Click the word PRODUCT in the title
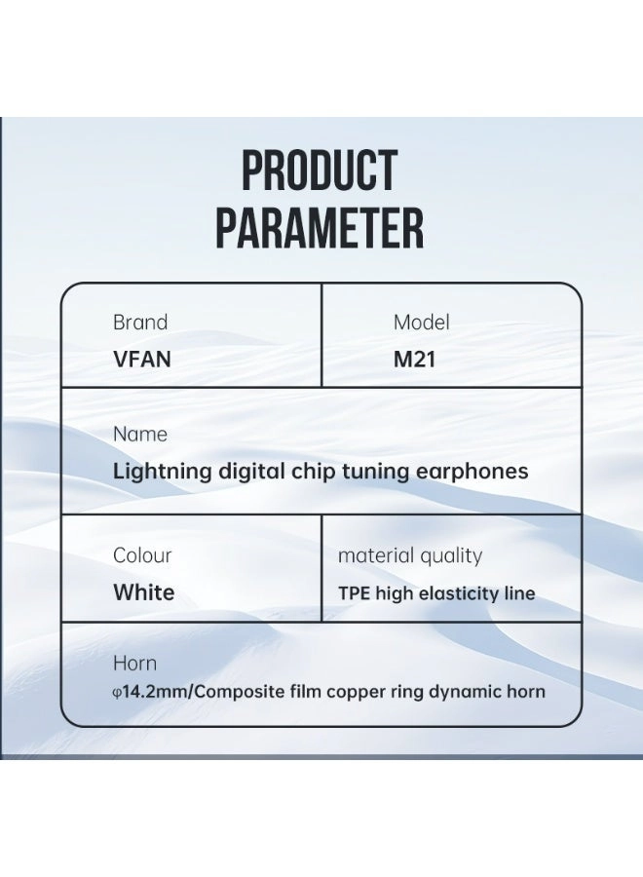(x=320, y=172)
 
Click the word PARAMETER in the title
(x=320, y=228)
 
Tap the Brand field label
(x=140, y=323)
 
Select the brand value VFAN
(x=142, y=359)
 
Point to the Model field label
(x=421, y=323)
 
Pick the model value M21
(x=414, y=359)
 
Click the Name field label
(x=140, y=435)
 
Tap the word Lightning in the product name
(x=162, y=472)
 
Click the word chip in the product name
(x=313, y=472)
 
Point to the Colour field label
(x=142, y=555)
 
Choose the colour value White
(x=144, y=592)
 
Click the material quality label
(x=410, y=556)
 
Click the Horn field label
(x=134, y=664)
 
